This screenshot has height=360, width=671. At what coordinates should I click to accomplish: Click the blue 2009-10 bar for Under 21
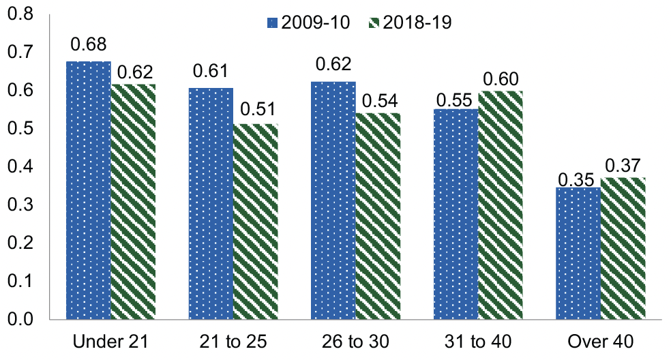pos(89,191)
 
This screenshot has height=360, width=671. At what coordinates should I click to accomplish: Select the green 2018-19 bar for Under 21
pos(134,202)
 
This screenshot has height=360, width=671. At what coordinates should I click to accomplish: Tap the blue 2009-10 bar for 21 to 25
pos(211,204)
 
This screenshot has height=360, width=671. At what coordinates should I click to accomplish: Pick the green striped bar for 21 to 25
pos(256,222)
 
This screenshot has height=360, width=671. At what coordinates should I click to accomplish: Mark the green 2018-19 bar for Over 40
pos(624,249)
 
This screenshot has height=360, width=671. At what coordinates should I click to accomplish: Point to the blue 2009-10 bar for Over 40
pos(579,253)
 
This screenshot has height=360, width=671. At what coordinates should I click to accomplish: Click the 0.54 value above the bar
pos(379,100)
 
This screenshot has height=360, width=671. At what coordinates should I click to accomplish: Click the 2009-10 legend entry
pos(308,22)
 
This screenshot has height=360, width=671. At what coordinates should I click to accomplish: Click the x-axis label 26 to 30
pos(356,341)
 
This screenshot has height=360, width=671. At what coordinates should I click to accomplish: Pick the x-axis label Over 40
pos(601,341)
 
